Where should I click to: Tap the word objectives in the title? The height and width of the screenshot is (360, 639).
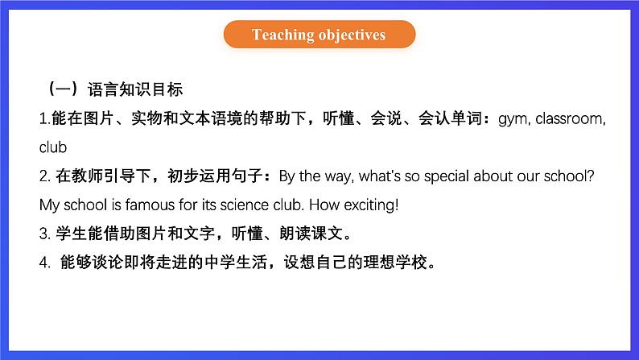pos(352,35)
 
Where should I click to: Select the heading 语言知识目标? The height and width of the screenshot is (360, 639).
pos(135,89)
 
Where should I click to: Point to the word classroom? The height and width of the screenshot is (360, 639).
pos(568,118)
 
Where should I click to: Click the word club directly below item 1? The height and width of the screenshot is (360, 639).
pos(53,147)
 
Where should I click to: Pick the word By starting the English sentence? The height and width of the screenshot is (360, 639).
pos(287,176)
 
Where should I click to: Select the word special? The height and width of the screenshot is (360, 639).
pos(446,176)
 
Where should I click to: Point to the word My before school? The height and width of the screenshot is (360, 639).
pos(49,205)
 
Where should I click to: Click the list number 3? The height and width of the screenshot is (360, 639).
pos(43,234)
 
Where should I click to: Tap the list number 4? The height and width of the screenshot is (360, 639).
pos(43,263)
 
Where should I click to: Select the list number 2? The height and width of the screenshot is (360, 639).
pos(43,176)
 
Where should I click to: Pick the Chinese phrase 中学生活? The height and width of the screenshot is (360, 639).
pos(237,262)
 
